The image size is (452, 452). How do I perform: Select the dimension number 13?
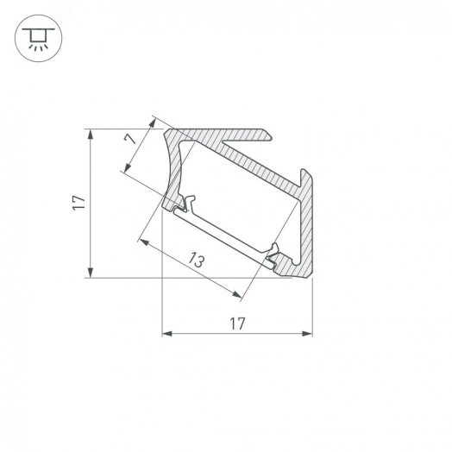tap(197, 261)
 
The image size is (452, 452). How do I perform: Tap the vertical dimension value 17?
tap(78, 203)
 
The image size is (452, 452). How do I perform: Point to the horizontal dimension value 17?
tap(237, 323)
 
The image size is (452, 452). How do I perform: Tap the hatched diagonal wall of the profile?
tap(250, 164)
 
